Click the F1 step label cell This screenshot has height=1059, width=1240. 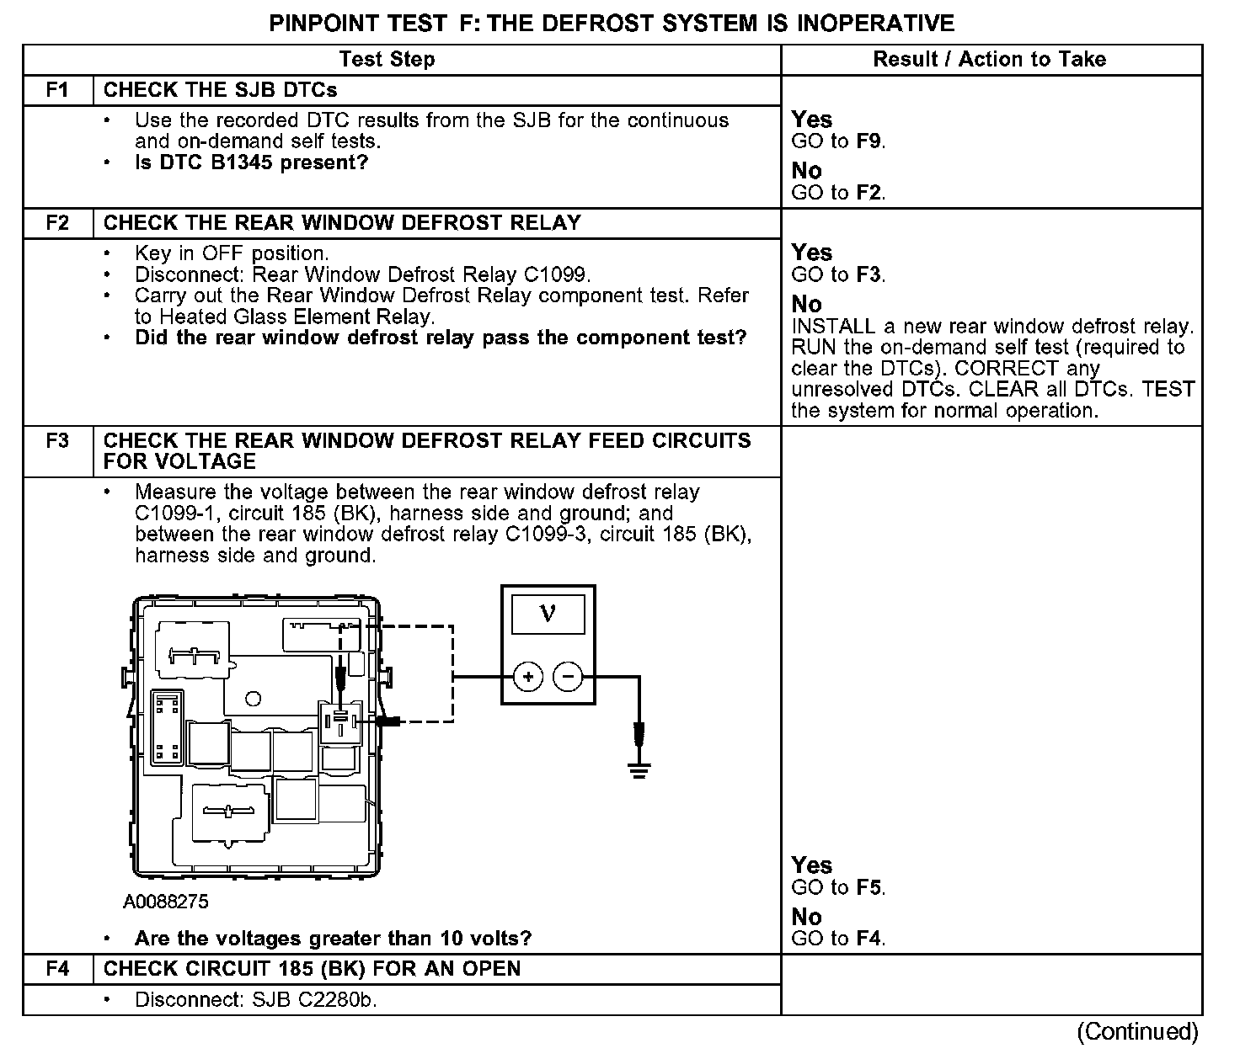[x=57, y=90]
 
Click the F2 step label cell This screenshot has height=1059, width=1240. [x=57, y=223]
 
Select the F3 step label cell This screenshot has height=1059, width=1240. [x=57, y=441]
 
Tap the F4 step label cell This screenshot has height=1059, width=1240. [x=57, y=969]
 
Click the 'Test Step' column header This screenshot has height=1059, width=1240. [x=387, y=60]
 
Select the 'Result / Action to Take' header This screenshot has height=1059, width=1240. [x=990, y=60]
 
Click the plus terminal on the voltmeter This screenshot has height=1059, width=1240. [x=528, y=677]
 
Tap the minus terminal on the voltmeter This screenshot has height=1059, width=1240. [x=568, y=677]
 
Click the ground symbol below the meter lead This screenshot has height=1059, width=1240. [x=639, y=769]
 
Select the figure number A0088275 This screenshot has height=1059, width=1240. [x=166, y=902]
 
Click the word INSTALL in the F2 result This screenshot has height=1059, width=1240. [x=833, y=327]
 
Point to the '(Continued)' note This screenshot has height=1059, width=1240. [x=1137, y=1031]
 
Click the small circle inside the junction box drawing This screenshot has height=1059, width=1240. [x=253, y=699]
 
